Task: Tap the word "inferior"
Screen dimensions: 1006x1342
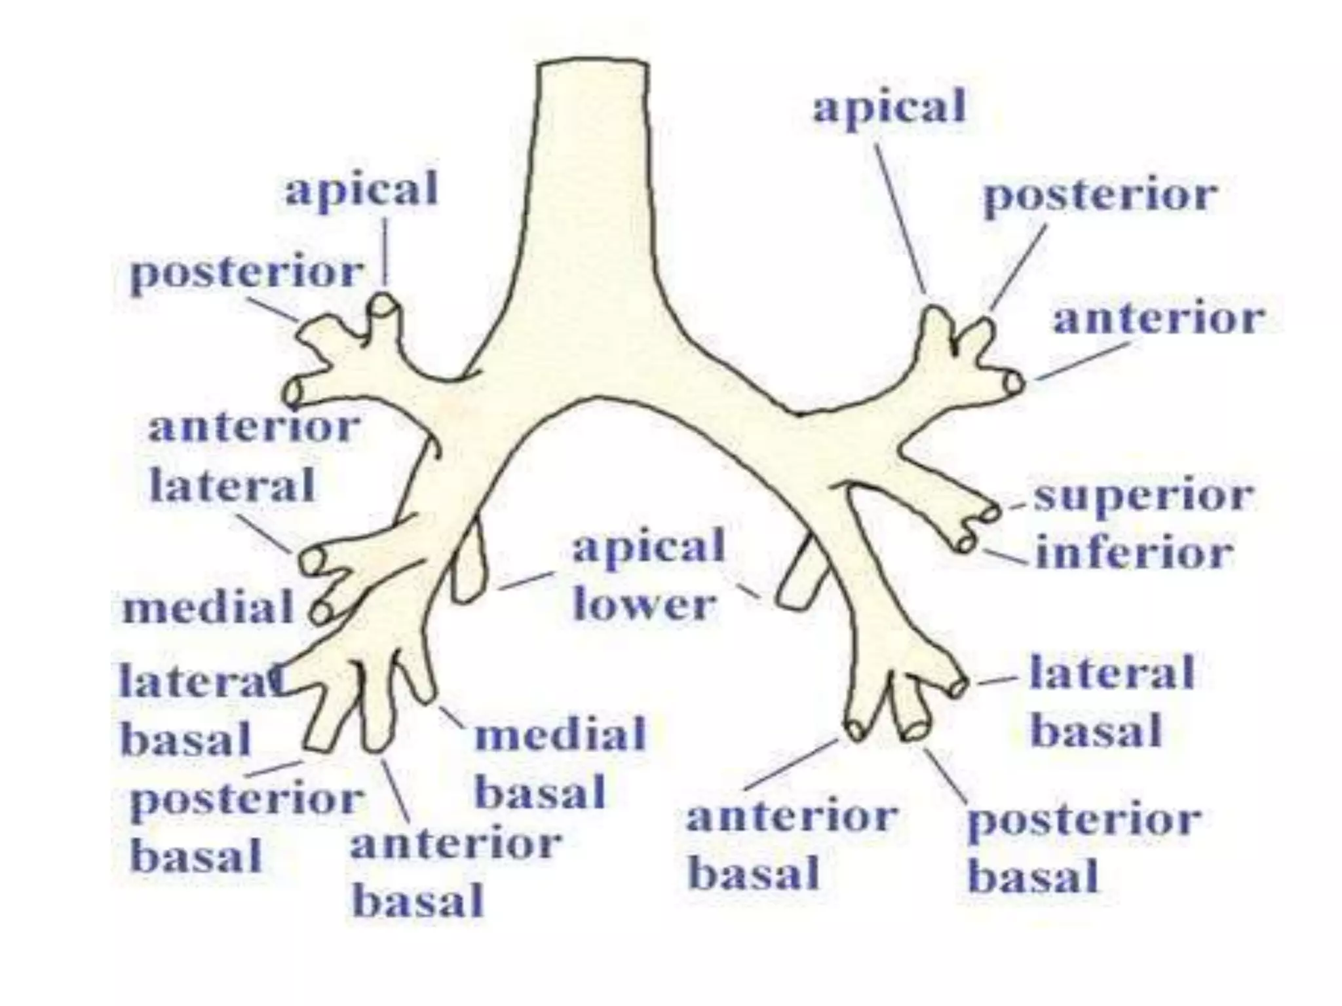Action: point(1134,554)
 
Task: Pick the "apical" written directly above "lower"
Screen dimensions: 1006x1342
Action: point(649,548)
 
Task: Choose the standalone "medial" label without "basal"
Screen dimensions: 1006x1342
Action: point(208,606)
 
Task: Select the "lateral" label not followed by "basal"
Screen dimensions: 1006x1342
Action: point(233,485)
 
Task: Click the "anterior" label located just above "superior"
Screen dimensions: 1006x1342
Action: point(1159,320)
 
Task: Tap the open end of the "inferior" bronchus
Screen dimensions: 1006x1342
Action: point(965,543)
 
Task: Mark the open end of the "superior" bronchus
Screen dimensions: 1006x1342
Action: point(990,512)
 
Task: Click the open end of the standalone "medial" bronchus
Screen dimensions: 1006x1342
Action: point(320,613)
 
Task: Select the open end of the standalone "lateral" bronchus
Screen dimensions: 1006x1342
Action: point(313,561)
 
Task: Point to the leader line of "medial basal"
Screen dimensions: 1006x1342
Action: point(452,718)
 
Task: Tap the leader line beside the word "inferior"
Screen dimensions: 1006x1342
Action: point(1005,557)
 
